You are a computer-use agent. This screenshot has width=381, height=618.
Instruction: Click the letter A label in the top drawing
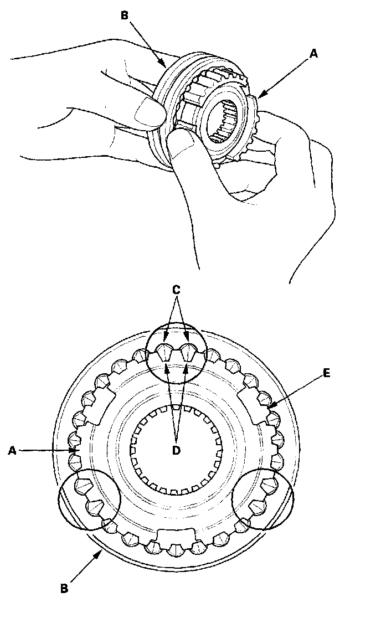(x=314, y=54)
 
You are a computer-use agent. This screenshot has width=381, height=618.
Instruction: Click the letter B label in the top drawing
(x=125, y=16)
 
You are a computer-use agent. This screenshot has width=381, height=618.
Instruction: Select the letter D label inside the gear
(x=176, y=450)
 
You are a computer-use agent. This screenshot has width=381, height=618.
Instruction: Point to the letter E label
(x=327, y=373)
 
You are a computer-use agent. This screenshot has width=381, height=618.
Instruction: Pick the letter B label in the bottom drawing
(x=64, y=588)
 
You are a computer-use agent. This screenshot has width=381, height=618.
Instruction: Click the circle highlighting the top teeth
(x=176, y=353)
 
